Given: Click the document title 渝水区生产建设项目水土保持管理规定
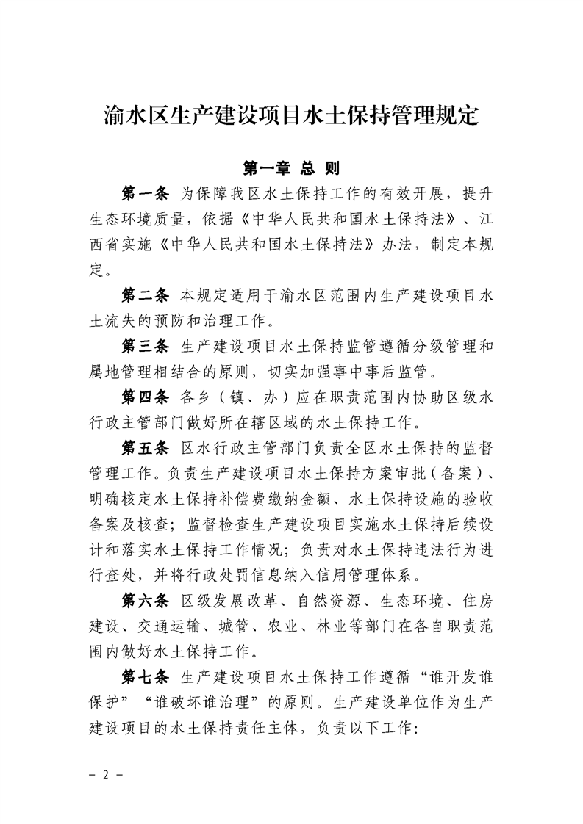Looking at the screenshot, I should tap(291, 117).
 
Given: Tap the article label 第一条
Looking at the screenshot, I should tap(146, 195).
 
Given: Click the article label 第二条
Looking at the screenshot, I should tap(146, 297).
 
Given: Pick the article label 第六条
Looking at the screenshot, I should tap(146, 601).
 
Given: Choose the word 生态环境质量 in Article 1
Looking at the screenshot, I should tap(137, 220).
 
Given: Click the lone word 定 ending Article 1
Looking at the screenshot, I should tap(95, 271).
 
